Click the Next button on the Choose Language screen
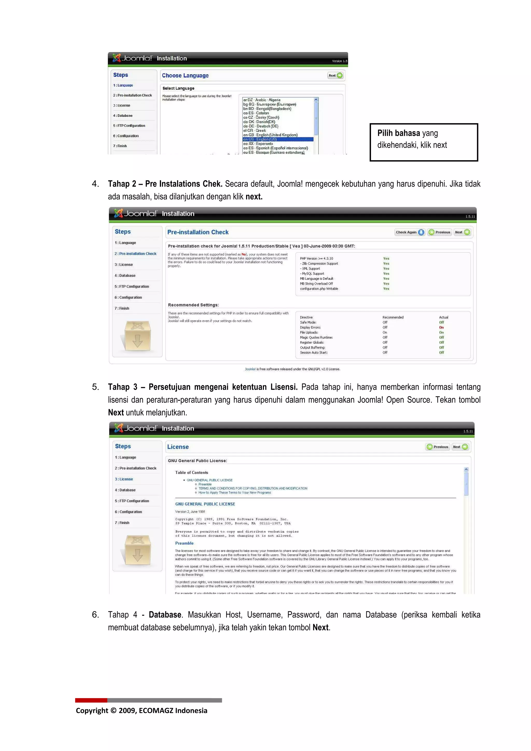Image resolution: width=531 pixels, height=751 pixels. pyautogui.click(x=335, y=76)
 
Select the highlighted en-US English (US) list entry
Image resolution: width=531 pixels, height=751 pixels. pyautogui.click(x=277, y=139)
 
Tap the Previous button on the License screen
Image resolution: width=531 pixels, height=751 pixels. pyautogui.click(x=438, y=447)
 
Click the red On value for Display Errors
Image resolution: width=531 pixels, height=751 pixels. pyautogui.click(x=441, y=327)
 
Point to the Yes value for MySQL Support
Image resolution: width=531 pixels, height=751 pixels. pyautogui.click(x=386, y=273)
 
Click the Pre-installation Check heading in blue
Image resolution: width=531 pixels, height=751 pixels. pyautogui.click(x=198, y=232)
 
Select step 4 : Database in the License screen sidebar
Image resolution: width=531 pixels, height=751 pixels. pyautogui.click(x=125, y=490)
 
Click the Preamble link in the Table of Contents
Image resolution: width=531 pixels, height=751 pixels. pyautogui.click(x=205, y=484)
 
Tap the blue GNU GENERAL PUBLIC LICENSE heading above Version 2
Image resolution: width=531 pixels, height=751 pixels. pyautogui.click(x=205, y=504)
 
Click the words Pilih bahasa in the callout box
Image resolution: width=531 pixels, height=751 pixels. pyautogui.click(x=398, y=133)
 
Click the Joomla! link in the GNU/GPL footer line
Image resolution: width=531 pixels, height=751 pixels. pyautogui.click(x=250, y=369)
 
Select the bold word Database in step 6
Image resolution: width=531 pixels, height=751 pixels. pyautogui.click(x=165, y=615)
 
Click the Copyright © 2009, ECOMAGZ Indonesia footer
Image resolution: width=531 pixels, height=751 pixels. pyautogui.click(x=141, y=710)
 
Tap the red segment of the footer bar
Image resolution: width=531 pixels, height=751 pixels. pyautogui.click(x=91, y=700)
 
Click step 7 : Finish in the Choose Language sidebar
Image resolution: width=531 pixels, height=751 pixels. pyautogui.click(x=120, y=146)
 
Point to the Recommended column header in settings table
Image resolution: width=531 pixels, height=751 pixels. pyautogui.click(x=393, y=317)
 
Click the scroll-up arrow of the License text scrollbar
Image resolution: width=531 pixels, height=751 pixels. pyautogui.click(x=466, y=469)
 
